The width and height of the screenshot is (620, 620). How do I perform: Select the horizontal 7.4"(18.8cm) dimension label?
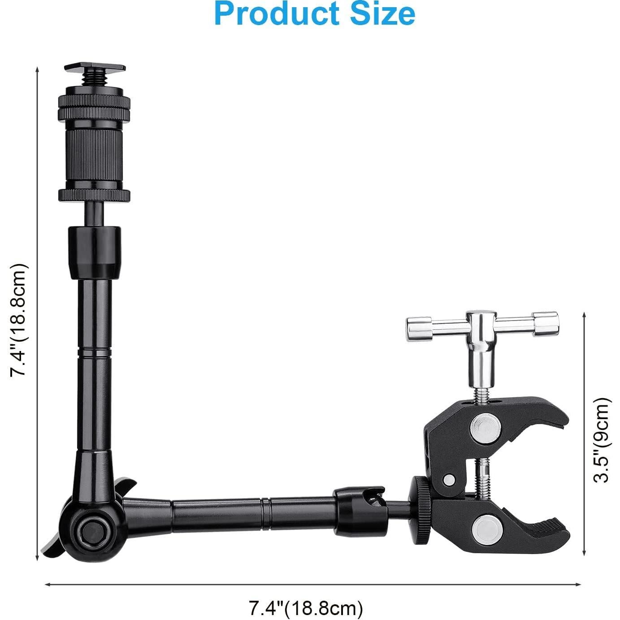click(x=306, y=608)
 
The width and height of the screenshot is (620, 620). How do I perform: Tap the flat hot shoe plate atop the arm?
click(x=95, y=68)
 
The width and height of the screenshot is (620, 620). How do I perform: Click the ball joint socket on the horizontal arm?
click(x=359, y=511)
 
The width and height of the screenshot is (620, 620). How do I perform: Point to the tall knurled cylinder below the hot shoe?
click(x=95, y=159)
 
